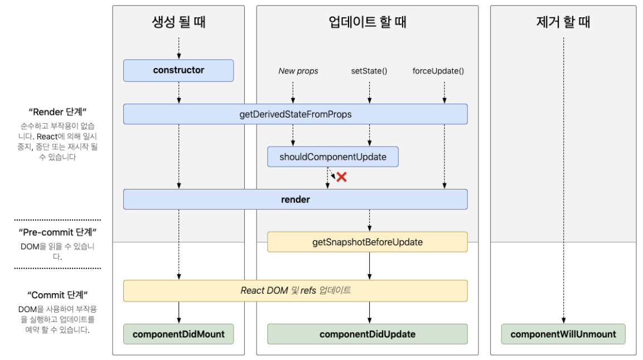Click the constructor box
(x=178, y=70)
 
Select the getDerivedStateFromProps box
(x=295, y=114)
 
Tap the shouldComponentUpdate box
(x=333, y=157)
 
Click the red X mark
(x=341, y=177)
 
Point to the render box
(x=295, y=199)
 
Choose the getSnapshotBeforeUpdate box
(x=367, y=242)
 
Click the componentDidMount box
(x=178, y=334)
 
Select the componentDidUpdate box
(x=367, y=334)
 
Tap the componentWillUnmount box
(x=563, y=334)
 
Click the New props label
(x=298, y=71)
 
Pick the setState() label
(x=369, y=71)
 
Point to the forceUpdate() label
(x=438, y=71)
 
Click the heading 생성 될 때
(x=178, y=22)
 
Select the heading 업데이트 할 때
(x=367, y=22)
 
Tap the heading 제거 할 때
(x=563, y=22)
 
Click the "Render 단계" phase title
(x=57, y=112)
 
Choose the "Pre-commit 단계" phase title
(x=57, y=232)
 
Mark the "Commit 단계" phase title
(x=57, y=294)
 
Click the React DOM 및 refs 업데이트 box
(x=295, y=290)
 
